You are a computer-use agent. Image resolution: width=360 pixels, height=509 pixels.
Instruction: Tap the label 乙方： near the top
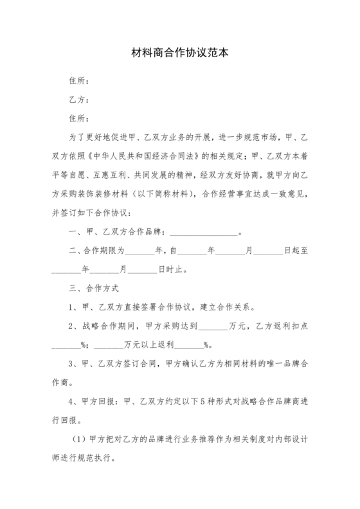(x=77, y=100)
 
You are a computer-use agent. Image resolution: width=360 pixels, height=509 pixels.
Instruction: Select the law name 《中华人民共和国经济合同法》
(x=155, y=156)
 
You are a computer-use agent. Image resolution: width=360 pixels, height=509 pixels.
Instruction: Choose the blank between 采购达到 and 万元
(x=213, y=326)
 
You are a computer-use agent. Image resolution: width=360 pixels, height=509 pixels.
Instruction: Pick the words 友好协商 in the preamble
(x=228, y=174)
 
